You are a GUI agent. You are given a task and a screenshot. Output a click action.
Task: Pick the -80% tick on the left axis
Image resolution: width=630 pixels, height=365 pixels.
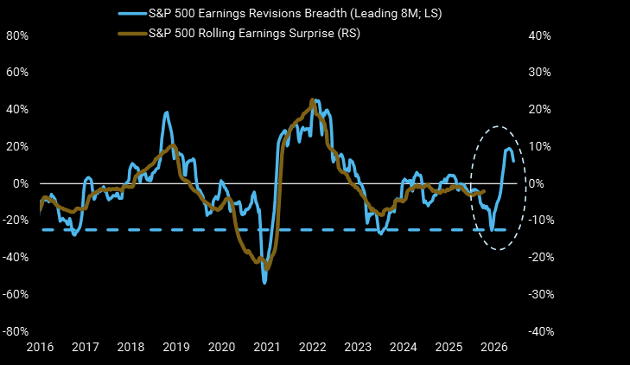(15, 331)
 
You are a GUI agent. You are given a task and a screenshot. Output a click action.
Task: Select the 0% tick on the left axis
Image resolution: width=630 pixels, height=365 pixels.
(19, 183)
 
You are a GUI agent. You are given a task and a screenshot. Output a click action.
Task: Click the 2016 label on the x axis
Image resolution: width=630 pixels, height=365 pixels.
(40, 348)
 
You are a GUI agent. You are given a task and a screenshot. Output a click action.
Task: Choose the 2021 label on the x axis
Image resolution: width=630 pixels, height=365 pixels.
(266, 348)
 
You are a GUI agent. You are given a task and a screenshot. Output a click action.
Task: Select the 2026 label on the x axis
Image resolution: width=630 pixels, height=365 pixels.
(493, 348)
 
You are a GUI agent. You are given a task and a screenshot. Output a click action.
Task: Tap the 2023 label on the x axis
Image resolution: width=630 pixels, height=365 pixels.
(357, 348)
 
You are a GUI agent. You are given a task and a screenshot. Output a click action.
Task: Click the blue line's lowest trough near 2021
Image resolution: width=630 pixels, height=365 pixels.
(264, 283)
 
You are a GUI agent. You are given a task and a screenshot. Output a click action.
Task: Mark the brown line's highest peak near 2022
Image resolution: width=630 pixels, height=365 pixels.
(313, 102)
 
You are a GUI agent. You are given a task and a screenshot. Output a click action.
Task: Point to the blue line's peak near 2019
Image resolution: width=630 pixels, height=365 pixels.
(166, 112)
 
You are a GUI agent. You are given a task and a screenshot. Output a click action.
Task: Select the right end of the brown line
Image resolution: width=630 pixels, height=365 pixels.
(484, 191)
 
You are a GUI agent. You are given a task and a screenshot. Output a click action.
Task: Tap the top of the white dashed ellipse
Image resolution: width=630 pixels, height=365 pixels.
(497, 127)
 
